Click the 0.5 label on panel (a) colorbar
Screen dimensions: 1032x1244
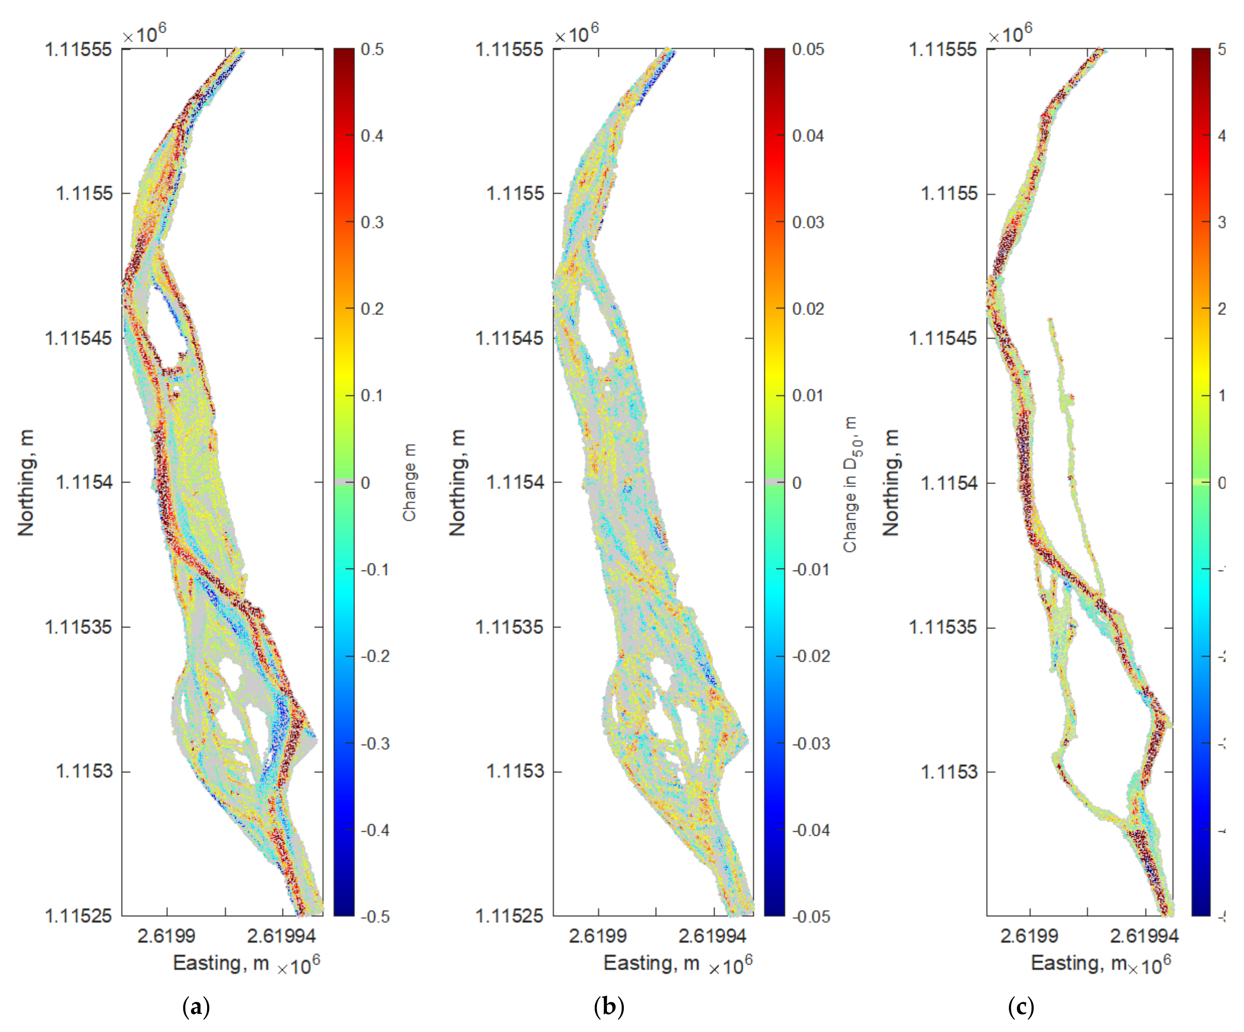372,49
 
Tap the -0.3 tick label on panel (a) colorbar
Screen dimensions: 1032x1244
375,744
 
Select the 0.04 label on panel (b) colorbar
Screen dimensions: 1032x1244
808,136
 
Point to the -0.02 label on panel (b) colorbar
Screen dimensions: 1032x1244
811,656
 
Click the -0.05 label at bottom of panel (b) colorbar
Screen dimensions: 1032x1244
811,916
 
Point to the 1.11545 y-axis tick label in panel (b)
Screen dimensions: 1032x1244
509,338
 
